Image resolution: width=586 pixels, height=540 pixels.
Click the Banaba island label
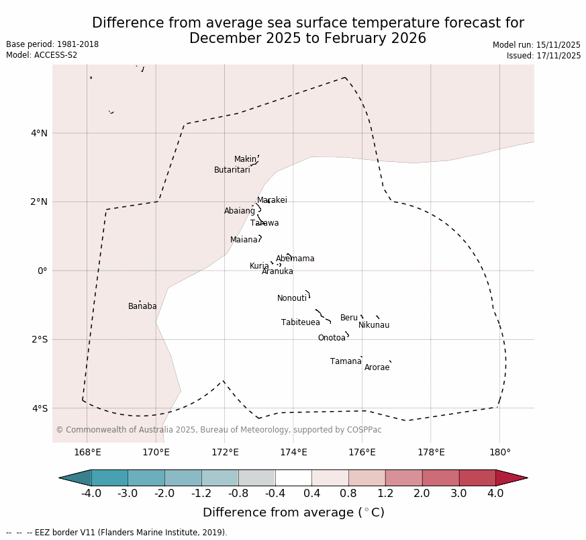(x=142, y=307)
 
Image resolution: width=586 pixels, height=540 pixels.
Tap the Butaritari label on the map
(x=232, y=171)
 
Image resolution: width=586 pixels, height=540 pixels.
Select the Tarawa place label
(x=264, y=224)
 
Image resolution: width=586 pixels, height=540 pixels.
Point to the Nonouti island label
(x=292, y=299)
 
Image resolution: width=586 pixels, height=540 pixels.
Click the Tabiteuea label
(x=301, y=323)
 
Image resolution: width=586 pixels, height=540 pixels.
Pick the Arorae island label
(x=377, y=368)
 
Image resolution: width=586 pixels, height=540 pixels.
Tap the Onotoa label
(x=332, y=339)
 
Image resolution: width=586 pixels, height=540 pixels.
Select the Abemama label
(x=295, y=259)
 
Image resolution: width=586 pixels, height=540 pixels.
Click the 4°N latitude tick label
(x=39, y=133)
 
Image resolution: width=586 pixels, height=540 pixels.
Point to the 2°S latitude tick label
(x=39, y=340)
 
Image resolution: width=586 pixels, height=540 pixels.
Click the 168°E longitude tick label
(x=87, y=453)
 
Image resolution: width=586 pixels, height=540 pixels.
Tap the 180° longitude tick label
(x=500, y=453)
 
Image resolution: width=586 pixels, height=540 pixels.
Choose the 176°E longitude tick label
(x=362, y=453)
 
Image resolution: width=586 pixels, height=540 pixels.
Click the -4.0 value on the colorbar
(x=91, y=494)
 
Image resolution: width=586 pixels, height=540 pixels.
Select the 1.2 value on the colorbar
(x=385, y=494)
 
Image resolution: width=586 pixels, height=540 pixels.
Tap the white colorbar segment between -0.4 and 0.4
(x=293, y=478)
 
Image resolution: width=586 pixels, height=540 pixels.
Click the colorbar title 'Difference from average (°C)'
(x=293, y=513)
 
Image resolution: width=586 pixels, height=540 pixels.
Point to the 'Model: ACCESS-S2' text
(x=42, y=56)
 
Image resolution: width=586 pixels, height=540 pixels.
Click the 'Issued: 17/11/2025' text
(x=544, y=56)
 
